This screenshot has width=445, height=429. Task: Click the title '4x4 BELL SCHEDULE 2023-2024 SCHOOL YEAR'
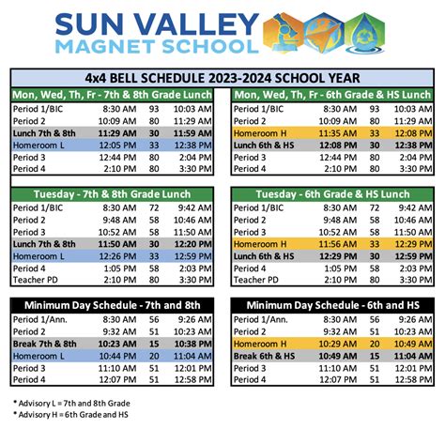(x=222, y=77)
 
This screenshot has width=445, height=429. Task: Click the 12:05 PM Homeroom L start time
(x=117, y=146)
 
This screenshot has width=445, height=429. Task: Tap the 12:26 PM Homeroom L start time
(x=117, y=255)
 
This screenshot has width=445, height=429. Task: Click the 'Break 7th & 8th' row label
(x=45, y=344)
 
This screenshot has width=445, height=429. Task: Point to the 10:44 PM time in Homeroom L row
(x=117, y=356)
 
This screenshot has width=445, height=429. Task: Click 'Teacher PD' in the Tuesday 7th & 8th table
(x=38, y=280)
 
